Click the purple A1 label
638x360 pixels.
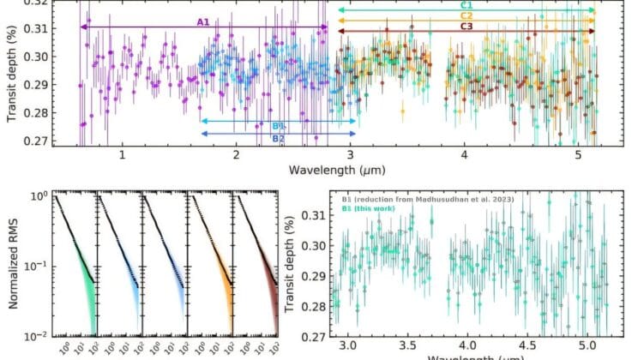[203, 21]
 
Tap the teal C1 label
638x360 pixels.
[467, 5]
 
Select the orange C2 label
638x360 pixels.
[467, 15]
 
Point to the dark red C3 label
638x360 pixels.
[467, 27]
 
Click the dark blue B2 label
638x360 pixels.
[278, 137]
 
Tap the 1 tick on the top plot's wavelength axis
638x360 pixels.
[123, 156]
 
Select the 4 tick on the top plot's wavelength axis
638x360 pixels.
[463, 156]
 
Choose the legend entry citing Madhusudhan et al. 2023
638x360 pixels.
[437, 196]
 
